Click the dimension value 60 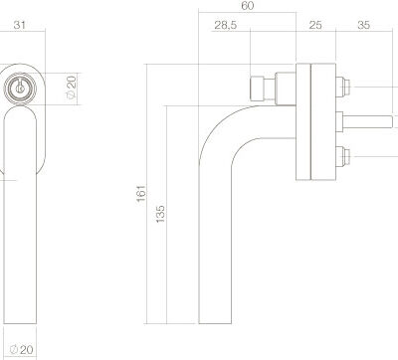pos(248,6)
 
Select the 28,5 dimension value pos(226,25)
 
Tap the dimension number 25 pos(315,25)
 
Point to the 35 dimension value pos(363,25)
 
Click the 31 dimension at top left pos(20,25)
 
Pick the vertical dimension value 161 pos(141,194)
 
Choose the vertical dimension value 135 pos(160,214)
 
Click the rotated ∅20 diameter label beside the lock pos(71,87)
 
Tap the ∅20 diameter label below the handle pos(22,349)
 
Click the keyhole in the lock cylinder pos(20,89)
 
